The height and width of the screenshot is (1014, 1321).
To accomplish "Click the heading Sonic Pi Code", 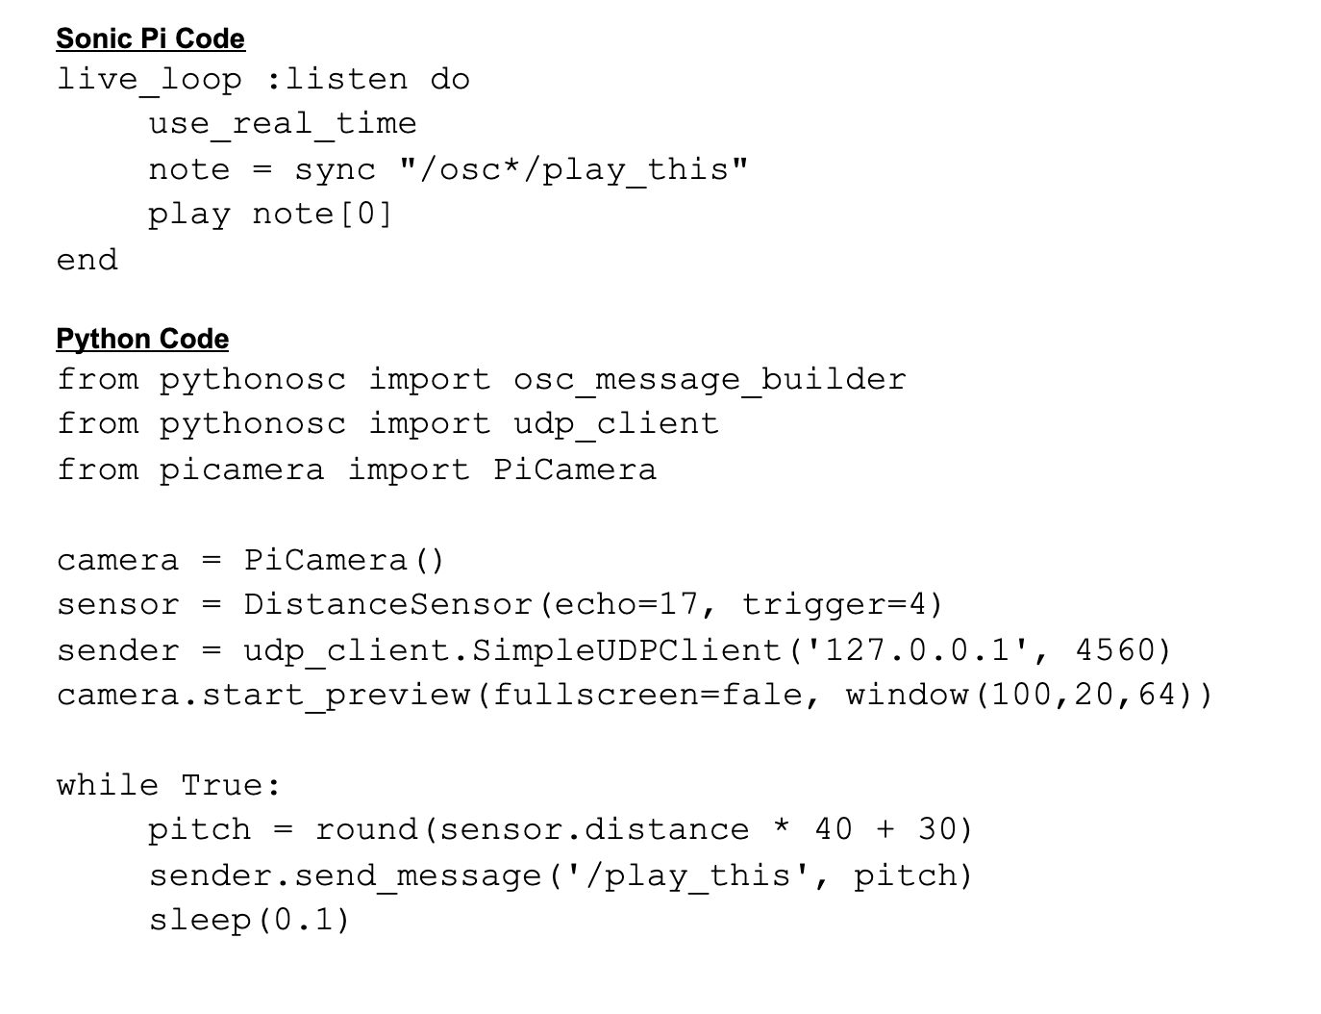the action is point(150,38).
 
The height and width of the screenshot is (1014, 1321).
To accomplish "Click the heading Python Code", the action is point(142,339).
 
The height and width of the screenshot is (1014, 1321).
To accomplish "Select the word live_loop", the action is point(149,79).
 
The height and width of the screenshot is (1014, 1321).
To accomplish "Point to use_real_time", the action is point(283,124).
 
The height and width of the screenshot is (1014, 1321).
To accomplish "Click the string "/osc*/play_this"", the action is point(573,169).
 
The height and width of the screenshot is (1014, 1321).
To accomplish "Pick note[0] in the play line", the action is point(322,214).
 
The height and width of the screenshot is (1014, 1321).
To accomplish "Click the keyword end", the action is point(87,260).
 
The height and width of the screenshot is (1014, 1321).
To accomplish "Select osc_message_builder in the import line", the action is point(710,380).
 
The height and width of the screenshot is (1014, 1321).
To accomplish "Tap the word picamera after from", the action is point(242,469).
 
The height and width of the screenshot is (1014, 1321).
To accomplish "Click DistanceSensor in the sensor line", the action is point(387,605).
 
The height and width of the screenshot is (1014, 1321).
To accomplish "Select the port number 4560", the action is point(1115,650).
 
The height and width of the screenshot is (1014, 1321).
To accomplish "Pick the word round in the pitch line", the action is point(365,829).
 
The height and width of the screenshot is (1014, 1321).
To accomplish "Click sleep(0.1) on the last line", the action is point(249,921).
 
